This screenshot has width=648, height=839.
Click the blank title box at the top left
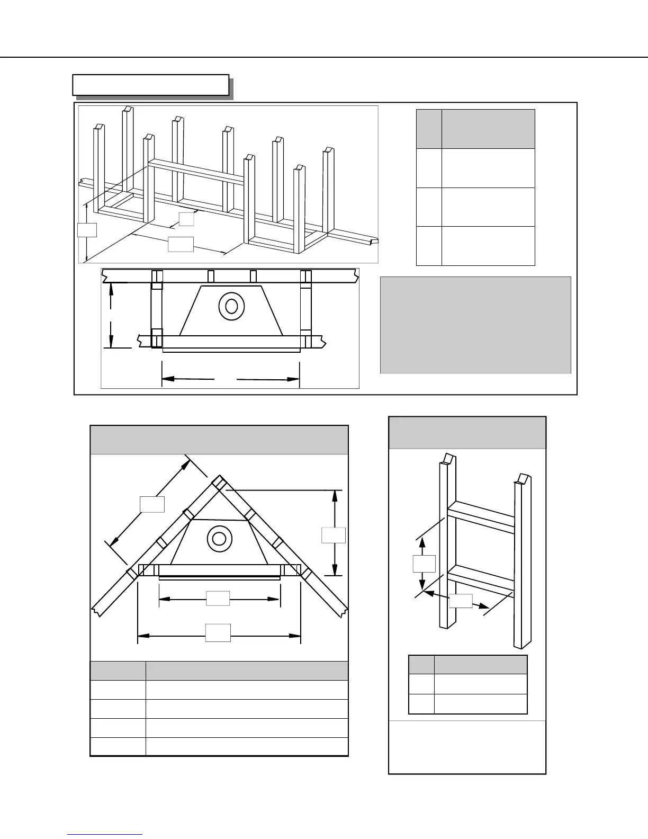tap(151, 85)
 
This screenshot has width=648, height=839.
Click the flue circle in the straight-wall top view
tap(231, 306)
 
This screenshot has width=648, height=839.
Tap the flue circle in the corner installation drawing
tap(219, 539)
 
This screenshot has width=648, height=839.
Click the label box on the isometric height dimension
tap(87, 230)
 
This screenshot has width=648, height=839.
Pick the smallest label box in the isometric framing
tap(186, 219)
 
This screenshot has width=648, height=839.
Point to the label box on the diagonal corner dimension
tap(152, 504)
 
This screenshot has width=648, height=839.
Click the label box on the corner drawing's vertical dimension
tap(334, 535)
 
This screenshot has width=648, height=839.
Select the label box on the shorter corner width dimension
tap(218, 599)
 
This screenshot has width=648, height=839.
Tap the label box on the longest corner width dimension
tap(218, 632)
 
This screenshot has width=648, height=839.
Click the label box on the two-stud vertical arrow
tap(424, 564)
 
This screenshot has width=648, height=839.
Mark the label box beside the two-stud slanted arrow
tap(461, 601)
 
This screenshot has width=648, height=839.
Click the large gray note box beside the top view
tap(475, 325)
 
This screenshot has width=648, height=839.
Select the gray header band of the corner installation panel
tap(219, 440)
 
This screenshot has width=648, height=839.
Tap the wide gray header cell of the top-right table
tap(488, 129)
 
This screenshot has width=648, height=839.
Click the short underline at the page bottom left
tap(105, 835)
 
